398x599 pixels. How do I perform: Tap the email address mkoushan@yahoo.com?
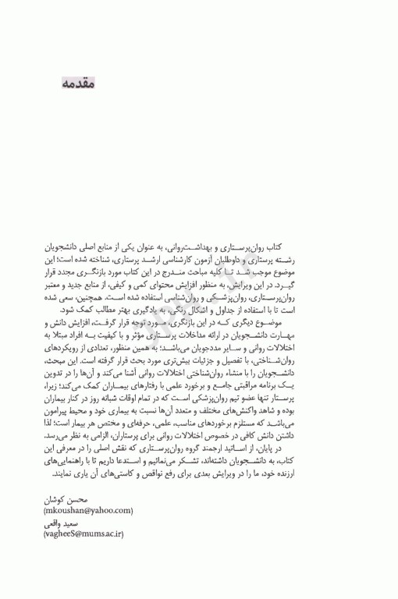click(x=88, y=510)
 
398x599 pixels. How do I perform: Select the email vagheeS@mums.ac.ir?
click(x=84, y=534)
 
